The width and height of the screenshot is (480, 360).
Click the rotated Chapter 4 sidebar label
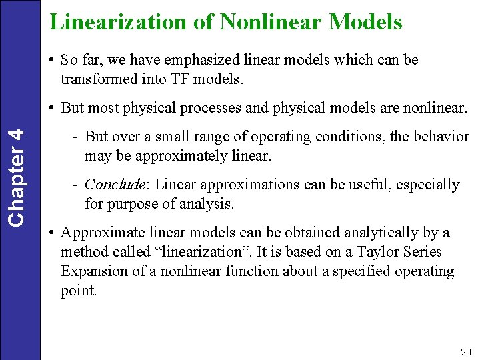point(20,176)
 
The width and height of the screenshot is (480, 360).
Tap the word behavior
point(443,137)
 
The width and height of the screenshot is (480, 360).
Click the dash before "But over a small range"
point(77,137)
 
